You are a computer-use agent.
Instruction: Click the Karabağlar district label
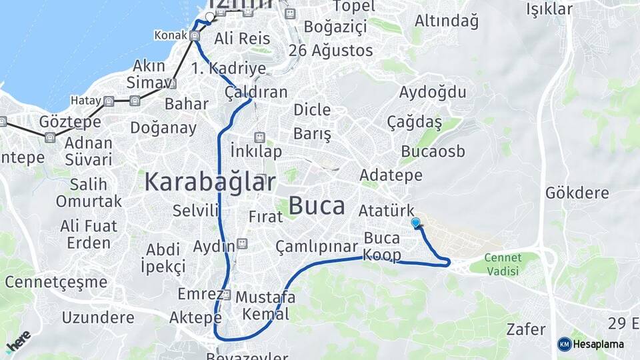(210, 181)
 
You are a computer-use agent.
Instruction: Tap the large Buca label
(317, 206)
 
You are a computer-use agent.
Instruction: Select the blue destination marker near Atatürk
(416, 223)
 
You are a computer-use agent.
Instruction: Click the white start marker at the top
(210, 17)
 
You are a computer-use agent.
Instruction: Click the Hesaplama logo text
(598, 344)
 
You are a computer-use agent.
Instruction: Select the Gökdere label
(577, 193)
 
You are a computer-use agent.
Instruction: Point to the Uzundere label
(98, 317)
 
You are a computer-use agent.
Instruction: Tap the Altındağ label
(447, 21)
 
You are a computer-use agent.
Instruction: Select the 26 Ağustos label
(331, 51)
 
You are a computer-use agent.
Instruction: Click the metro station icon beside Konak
(194, 37)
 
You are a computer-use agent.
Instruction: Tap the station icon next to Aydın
(241, 245)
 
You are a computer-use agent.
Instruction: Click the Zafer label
(527, 329)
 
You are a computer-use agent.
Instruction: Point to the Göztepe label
(70, 122)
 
